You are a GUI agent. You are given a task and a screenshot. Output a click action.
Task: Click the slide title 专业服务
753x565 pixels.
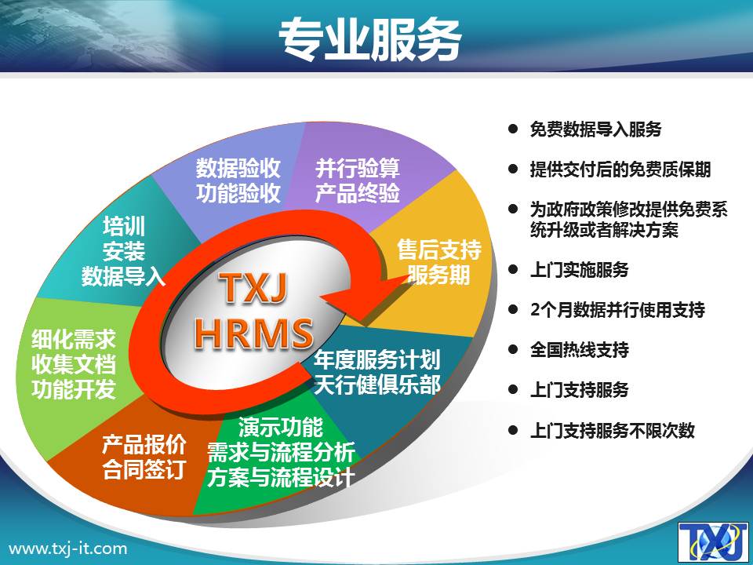tap(369, 40)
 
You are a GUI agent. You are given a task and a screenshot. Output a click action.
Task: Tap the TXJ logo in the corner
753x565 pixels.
tap(714, 542)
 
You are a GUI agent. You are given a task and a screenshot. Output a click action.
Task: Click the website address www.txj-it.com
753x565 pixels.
tap(68, 549)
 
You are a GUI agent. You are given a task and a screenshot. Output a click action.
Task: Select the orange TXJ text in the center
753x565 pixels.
tap(253, 290)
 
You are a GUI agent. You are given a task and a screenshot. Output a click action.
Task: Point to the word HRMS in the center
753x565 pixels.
tap(254, 333)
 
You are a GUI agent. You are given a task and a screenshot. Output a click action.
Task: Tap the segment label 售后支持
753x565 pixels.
tap(439, 250)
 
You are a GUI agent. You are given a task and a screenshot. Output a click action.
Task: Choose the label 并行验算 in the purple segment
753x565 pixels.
tap(358, 168)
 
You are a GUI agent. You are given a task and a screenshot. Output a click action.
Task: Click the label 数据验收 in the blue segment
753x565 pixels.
tap(238, 168)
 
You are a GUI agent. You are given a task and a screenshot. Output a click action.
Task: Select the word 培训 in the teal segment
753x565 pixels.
tap(124, 226)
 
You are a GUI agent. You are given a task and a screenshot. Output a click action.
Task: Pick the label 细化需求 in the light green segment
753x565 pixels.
tap(74, 339)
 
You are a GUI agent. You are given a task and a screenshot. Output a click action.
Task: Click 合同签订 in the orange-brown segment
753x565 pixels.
tap(144, 469)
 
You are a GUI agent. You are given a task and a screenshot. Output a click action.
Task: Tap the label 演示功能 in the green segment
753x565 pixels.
tap(281, 427)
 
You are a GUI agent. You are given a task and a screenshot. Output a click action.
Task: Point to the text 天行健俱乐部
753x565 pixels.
tap(377, 385)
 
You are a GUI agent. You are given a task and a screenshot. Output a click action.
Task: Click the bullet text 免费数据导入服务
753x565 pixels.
tap(596, 129)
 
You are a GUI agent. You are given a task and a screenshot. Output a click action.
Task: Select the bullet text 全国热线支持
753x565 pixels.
tap(580, 349)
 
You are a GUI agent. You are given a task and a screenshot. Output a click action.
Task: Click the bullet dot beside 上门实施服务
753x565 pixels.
tap(513, 269)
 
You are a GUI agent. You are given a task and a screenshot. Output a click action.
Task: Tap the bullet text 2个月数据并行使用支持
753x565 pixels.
tap(617, 309)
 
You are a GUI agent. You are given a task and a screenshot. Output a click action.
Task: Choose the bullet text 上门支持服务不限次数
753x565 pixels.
tap(613, 430)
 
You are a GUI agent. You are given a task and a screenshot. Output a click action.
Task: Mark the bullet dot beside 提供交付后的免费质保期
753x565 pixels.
tap(513, 169)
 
